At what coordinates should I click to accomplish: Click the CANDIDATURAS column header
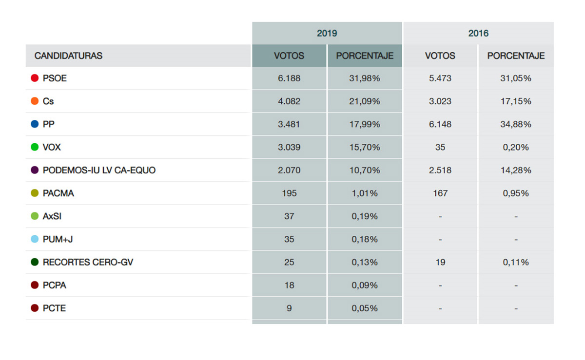(68, 56)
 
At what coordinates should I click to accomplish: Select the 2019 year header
(327, 33)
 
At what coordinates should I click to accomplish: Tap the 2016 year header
(478, 33)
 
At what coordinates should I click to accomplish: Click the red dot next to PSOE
(35, 78)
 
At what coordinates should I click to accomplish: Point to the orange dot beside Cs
(35, 101)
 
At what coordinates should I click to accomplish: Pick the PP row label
(49, 124)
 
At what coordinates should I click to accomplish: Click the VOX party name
(52, 147)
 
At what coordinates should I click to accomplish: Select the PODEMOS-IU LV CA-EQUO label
(99, 170)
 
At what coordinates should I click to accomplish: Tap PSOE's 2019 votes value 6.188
(289, 78)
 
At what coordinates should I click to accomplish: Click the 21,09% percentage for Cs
(365, 101)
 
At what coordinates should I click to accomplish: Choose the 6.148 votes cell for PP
(440, 124)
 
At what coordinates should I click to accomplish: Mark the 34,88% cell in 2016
(516, 124)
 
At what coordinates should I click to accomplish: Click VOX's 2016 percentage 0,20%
(516, 147)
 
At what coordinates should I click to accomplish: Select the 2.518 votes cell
(440, 170)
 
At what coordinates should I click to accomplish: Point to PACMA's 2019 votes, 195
(289, 193)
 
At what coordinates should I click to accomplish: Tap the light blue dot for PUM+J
(35, 239)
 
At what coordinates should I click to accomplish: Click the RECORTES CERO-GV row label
(88, 262)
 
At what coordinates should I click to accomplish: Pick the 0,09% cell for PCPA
(365, 285)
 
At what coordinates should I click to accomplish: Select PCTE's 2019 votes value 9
(289, 308)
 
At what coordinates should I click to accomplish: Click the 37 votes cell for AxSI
(289, 216)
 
